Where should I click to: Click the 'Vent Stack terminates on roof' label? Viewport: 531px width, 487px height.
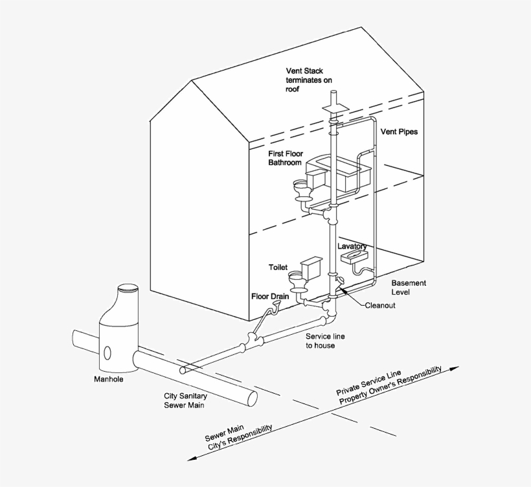(313, 80)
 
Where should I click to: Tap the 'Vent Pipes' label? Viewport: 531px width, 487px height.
(399, 131)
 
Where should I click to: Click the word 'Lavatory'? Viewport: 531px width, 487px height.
(352, 247)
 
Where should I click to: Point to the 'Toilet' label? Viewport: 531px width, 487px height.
(278, 267)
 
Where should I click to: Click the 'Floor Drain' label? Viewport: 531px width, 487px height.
(269, 296)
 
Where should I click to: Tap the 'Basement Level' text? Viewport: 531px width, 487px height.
(408, 288)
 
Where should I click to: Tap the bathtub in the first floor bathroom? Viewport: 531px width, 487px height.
(340, 173)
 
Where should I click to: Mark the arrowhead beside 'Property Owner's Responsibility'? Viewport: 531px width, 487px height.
(455, 368)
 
